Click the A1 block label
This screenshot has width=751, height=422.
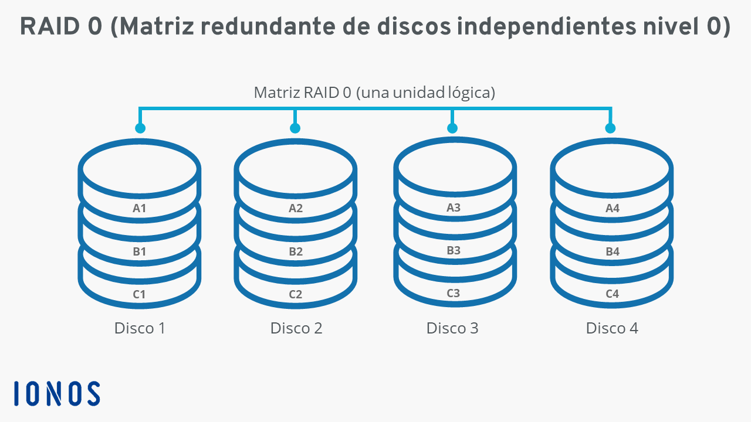point(140,208)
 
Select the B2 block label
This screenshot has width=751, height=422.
point(296,251)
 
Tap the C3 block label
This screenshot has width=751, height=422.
point(454,293)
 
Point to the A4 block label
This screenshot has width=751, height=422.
point(612,208)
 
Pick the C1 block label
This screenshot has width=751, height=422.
point(140,294)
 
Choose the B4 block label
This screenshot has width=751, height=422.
point(612,251)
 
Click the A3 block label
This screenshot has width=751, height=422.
point(454,207)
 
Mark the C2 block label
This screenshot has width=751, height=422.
point(296,294)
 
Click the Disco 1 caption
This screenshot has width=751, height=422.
point(140,328)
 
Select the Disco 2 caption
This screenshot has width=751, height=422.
point(296,328)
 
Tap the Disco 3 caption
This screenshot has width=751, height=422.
point(452,328)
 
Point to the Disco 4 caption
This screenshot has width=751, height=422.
point(612,328)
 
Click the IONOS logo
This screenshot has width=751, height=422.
point(57,393)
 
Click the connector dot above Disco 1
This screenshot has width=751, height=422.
point(140,128)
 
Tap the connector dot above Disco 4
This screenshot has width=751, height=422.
point(610,128)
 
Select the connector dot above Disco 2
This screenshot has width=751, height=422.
point(295,128)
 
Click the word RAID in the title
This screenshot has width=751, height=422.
point(50,26)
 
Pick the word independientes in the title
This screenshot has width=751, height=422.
point(546,26)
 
